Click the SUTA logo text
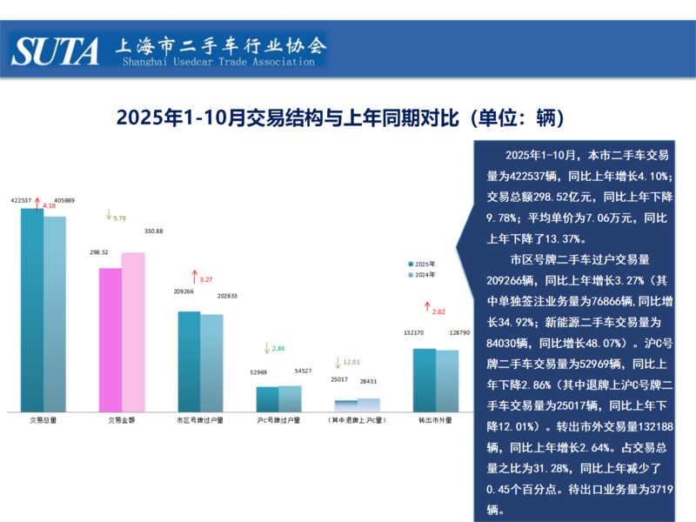click(56, 51)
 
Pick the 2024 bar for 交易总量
click(55, 313)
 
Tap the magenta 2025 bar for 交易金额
click(110, 339)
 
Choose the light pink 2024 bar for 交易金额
click(133, 331)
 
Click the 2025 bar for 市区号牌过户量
click(189, 361)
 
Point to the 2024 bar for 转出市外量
click(447, 380)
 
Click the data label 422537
click(21, 200)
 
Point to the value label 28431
click(369, 380)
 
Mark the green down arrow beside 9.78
click(108, 214)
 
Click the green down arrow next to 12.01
click(338, 360)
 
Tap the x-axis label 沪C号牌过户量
click(278, 420)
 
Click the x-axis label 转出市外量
click(435, 420)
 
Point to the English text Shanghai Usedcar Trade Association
click(218, 63)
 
